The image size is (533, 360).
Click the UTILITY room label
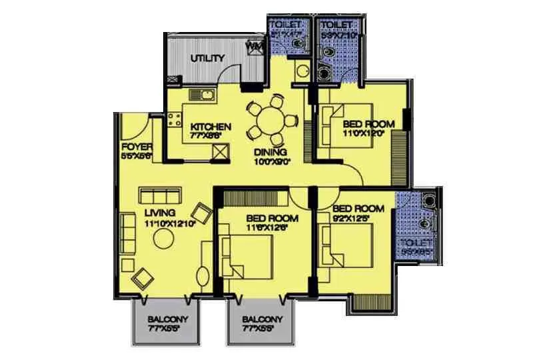point(207,58)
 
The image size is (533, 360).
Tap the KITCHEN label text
point(211,127)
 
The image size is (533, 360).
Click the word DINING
point(270,152)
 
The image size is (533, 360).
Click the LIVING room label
point(160,213)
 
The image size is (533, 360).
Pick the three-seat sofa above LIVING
point(159,196)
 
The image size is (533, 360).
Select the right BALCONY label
point(261,319)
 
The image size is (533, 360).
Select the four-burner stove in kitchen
point(175,121)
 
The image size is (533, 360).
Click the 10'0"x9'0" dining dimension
point(270,161)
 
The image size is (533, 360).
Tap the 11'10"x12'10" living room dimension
point(169,223)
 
